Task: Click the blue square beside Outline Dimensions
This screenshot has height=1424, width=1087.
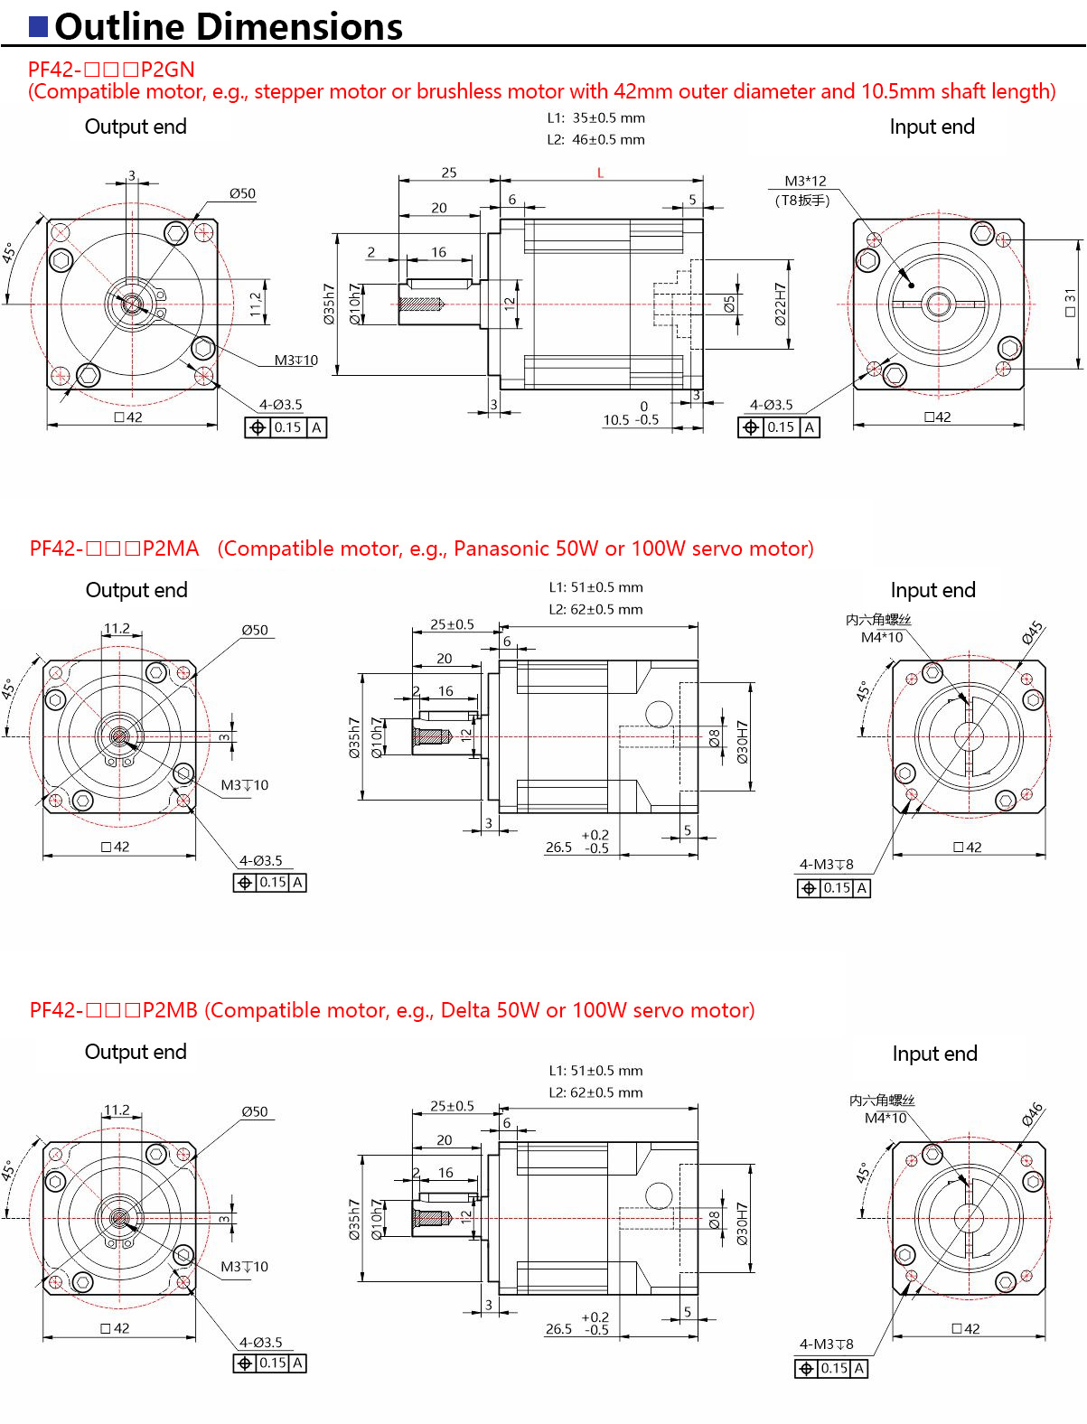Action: click(x=38, y=26)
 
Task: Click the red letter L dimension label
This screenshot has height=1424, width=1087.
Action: click(x=600, y=173)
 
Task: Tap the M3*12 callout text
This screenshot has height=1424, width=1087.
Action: click(x=805, y=181)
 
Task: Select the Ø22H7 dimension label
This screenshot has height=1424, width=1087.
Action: click(x=780, y=304)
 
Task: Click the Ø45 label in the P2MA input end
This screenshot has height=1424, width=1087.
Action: click(x=1033, y=632)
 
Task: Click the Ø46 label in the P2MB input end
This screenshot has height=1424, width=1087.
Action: click(x=1033, y=1114)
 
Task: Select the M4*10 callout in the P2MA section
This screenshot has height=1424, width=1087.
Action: click(x=881, y=637)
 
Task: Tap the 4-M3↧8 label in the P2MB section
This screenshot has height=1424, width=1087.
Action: click(x=826, y=1344)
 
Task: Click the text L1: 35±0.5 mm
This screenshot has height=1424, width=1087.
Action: click(x=595, y=117)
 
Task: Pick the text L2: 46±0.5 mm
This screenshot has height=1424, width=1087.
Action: click(x=595, y=139)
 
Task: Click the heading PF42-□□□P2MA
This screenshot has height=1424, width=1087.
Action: click(x=114, y=548)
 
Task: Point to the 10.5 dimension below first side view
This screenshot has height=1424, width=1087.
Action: click(x=616, y=420)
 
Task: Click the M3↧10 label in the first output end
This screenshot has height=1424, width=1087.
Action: click(x=295, y=360)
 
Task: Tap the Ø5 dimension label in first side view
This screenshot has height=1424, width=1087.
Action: click(x=729, y=304)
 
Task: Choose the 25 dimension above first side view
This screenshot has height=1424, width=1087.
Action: click(x=449, y=172)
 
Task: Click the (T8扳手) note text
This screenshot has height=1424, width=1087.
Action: click(x=801, y=201)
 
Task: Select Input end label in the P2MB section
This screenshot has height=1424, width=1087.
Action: click(x=934, y=1054)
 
